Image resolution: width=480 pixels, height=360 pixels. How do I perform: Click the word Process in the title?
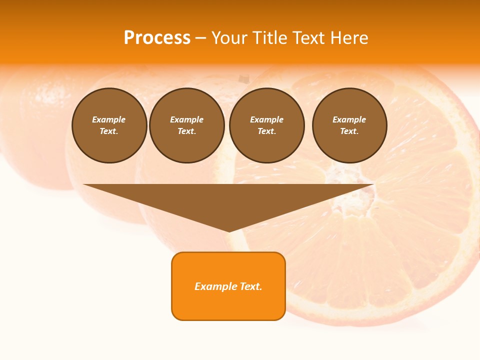click(157, 38)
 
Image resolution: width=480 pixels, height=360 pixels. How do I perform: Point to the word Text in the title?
click(308, 38)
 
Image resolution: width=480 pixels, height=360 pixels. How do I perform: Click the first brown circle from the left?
click(109, 125)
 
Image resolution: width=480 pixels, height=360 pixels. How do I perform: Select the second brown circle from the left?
click(187, 125)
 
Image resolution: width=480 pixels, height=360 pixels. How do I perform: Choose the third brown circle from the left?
click(267, 125)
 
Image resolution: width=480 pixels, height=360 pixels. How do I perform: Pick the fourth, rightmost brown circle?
click(349, 125)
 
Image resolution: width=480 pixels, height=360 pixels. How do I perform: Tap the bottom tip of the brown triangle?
click(229, 230)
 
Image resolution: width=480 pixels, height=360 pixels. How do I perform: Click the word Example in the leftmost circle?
click(109, 119)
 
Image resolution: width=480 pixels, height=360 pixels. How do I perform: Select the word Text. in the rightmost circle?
click(349, 131)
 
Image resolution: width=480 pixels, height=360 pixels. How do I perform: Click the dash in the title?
click(200, 38)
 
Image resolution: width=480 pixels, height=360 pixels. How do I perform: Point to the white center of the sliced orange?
click(350, 185)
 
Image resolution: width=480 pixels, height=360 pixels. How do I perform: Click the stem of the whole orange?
click(243, 79)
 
